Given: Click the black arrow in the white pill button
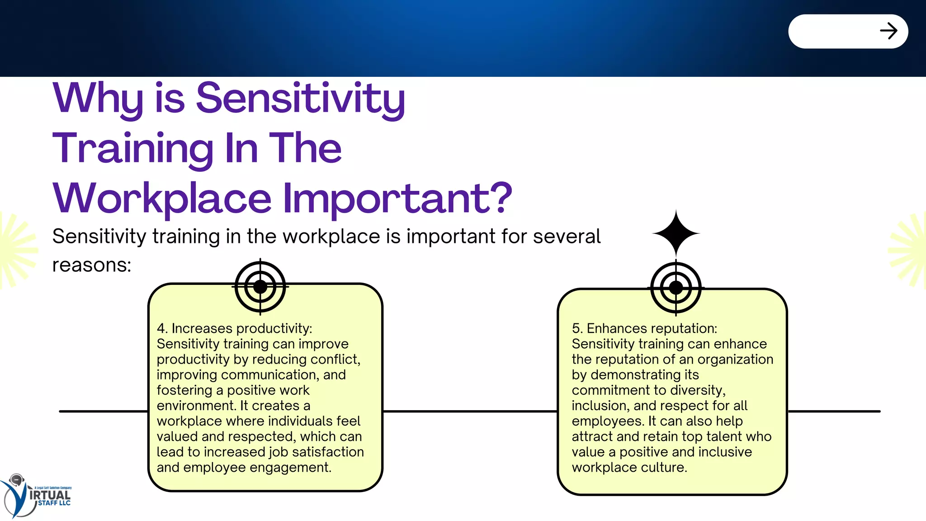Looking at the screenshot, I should (888, 31).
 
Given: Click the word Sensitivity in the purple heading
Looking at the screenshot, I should (300, 98).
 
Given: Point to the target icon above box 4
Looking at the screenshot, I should (260, 287).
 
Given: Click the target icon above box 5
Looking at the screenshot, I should (676, 288).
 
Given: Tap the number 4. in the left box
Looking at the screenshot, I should (162, 328).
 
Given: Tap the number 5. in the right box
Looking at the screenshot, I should (577, 328).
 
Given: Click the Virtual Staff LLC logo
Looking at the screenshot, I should (36, 496).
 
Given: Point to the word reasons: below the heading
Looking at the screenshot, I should (91, 265).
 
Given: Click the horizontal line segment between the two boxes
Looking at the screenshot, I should (470, 411).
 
